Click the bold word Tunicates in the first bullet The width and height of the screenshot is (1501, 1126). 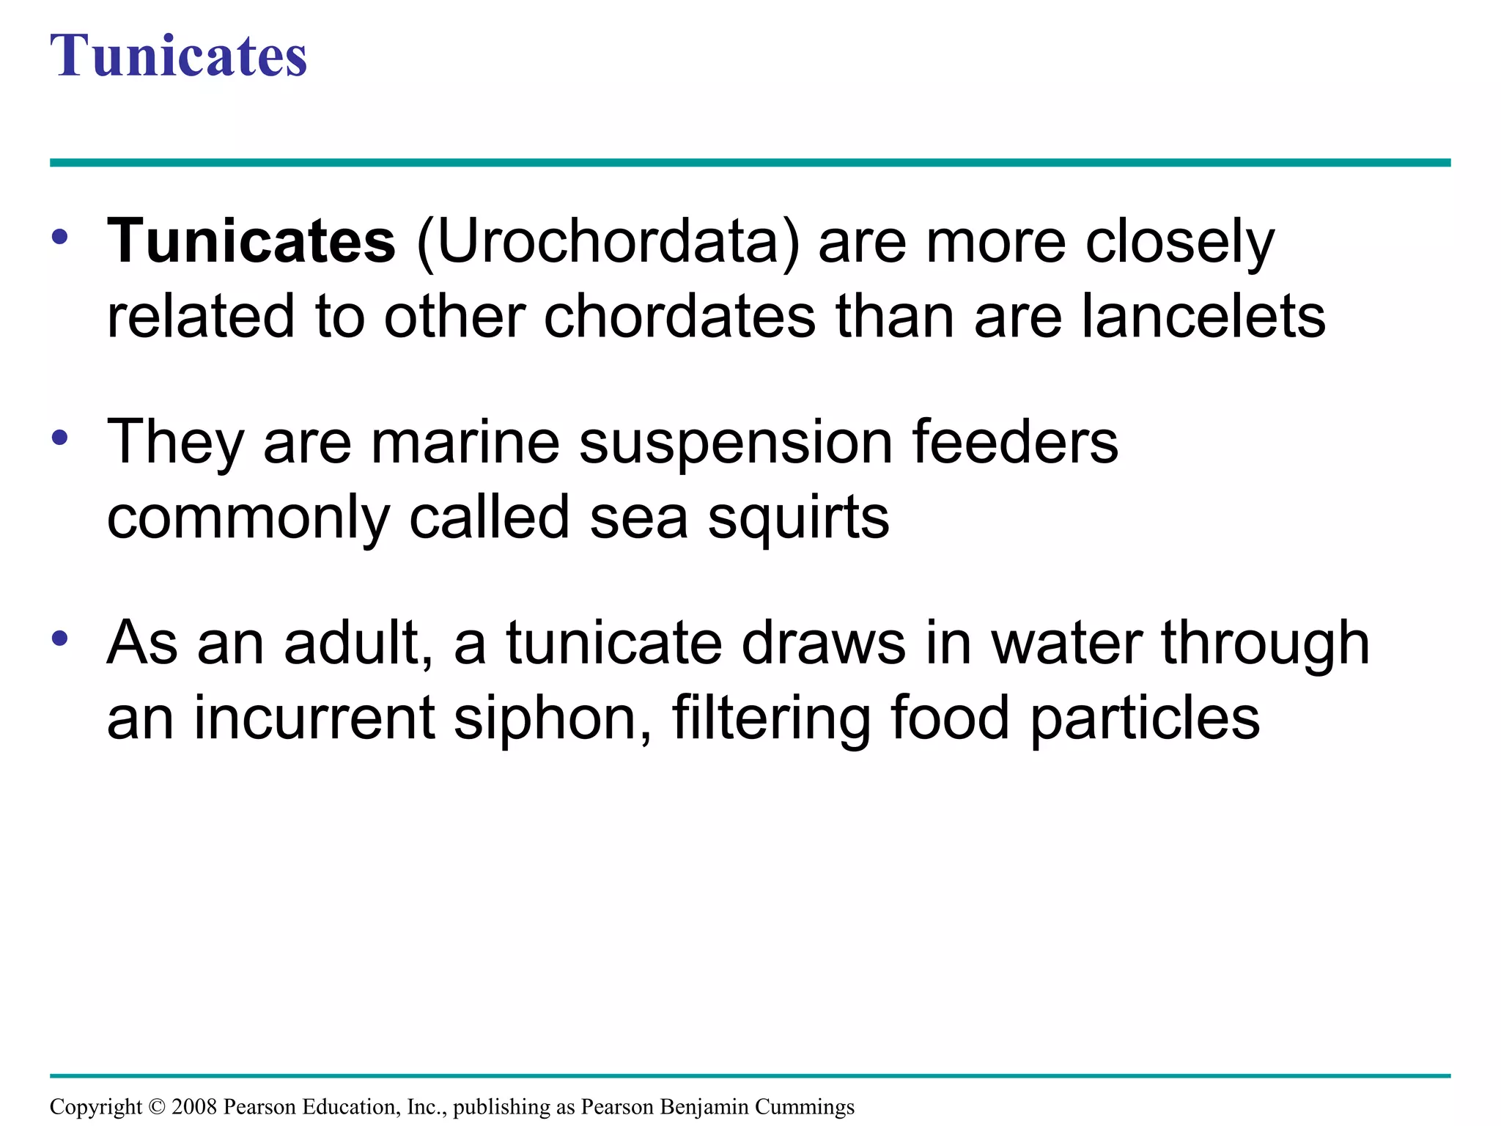[251, 241]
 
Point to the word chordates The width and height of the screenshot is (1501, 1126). [679, 317]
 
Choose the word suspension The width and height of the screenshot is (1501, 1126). [735, 444]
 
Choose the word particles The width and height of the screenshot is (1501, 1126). [1145, 719]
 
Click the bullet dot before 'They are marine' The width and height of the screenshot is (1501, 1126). [60, 438]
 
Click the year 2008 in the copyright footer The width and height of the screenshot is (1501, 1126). [194, 1106]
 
